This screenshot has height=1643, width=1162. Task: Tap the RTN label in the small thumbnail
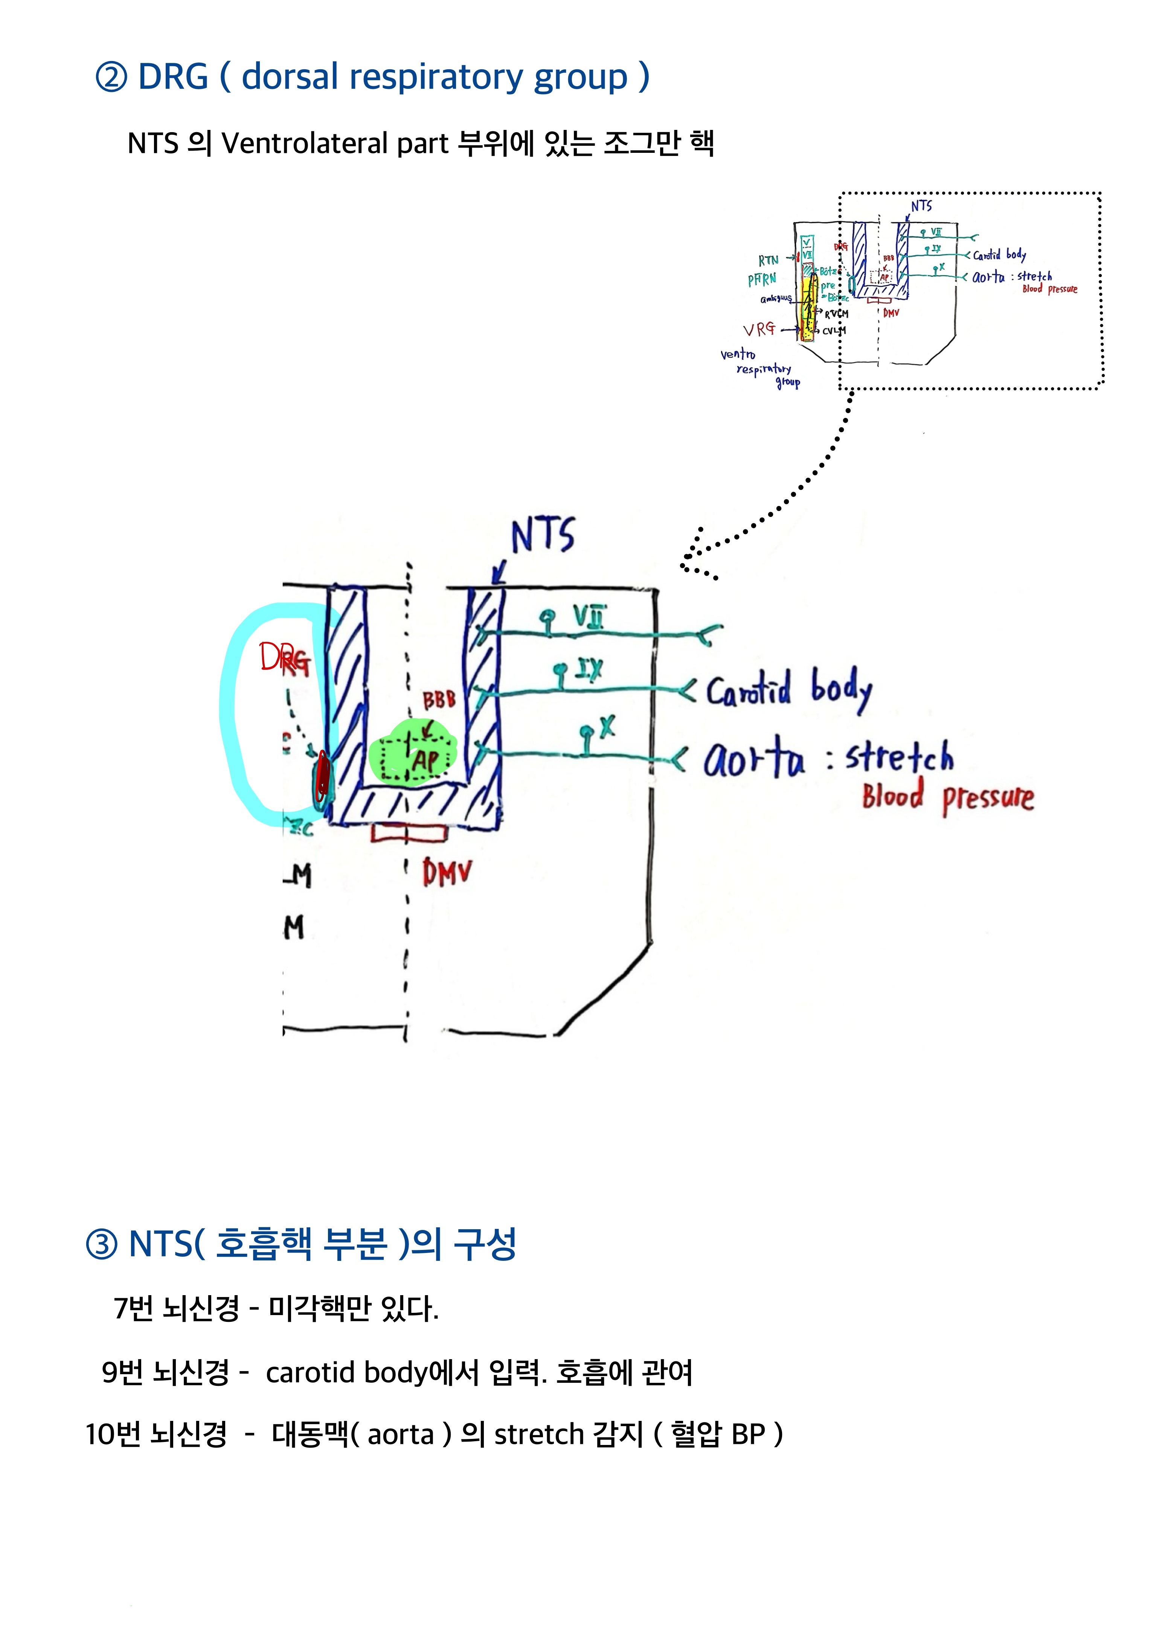tap(769, 261)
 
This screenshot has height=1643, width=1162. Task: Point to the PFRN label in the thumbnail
tap(762, 280)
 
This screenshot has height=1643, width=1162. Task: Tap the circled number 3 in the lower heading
tap(102, 1244)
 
